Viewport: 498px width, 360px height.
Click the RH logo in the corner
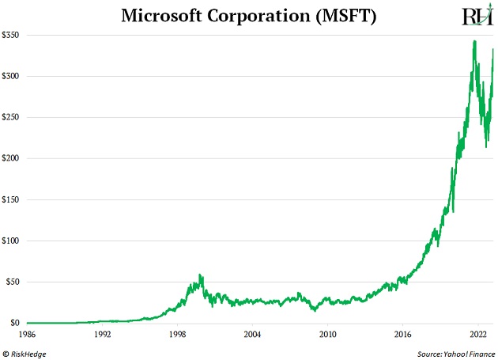[x=474, y=17]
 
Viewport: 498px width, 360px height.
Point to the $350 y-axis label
[x=12, y=36]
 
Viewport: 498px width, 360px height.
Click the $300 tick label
[x=12, y=76]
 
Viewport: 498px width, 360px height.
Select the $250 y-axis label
[x=12, y=117]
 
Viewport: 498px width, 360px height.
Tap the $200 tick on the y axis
[x=12, y=158]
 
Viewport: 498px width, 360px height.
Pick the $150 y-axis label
[x=12, y=199]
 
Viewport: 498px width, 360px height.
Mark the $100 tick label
[x=12, y=241]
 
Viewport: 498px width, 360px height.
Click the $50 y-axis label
[x=13, y=282]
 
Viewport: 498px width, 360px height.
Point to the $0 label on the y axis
[x=16, y=323]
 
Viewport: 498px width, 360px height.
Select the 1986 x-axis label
[x=27, y=335]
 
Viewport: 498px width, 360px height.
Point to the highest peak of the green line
[x=473, y=41]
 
